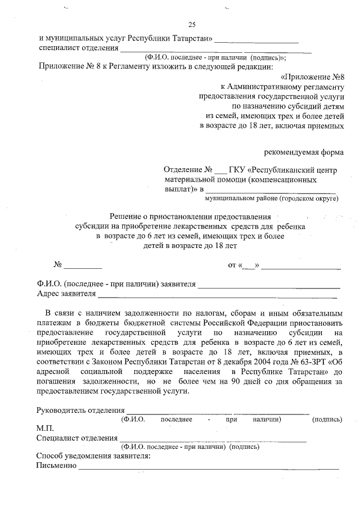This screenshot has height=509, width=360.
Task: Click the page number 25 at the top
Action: pos(191,25)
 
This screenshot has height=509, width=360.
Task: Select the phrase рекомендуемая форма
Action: pos(304,152)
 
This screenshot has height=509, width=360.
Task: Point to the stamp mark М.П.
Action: pos(44,429)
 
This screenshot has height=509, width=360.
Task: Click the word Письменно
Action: pos(56,466)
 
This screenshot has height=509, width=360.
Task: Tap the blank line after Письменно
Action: pos(208,467)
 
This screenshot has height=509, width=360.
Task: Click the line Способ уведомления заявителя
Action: pos(93,456)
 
